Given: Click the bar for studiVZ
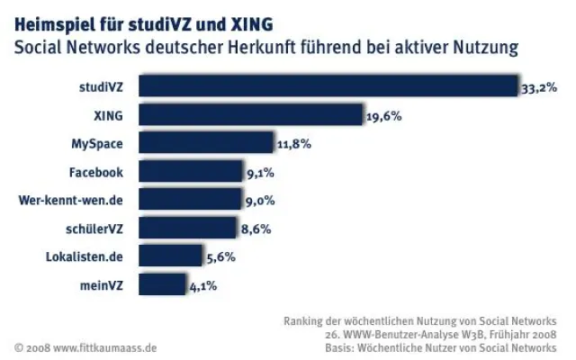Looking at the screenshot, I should pos(328,86).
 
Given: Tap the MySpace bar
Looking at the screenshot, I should pos(206,143).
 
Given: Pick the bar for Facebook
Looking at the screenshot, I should pos(191,172).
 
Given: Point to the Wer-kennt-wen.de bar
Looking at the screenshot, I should pos(190,200).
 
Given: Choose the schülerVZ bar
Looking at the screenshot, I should pos(187,229).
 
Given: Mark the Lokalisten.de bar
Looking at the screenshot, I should pos(171,257).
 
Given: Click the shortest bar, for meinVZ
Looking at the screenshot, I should pos(162,285).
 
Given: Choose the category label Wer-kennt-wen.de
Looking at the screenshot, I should pos(76,200).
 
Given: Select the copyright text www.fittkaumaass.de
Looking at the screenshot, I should pos(105,346).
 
